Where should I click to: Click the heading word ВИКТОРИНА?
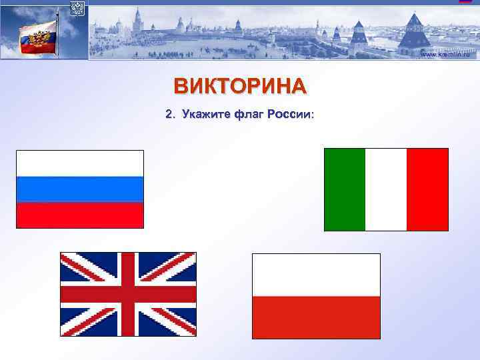240,86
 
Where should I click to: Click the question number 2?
169,115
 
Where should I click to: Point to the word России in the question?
289,115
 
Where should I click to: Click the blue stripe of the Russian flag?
80,189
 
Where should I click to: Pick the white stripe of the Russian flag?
80,163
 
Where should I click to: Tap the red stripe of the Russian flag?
80,215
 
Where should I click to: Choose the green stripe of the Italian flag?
345,189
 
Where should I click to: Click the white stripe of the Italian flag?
386,189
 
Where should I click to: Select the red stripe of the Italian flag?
427,189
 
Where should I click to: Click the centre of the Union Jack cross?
128,294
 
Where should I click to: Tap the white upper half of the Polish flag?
316,275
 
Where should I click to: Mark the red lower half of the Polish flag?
316,317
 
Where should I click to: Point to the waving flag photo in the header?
39,36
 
